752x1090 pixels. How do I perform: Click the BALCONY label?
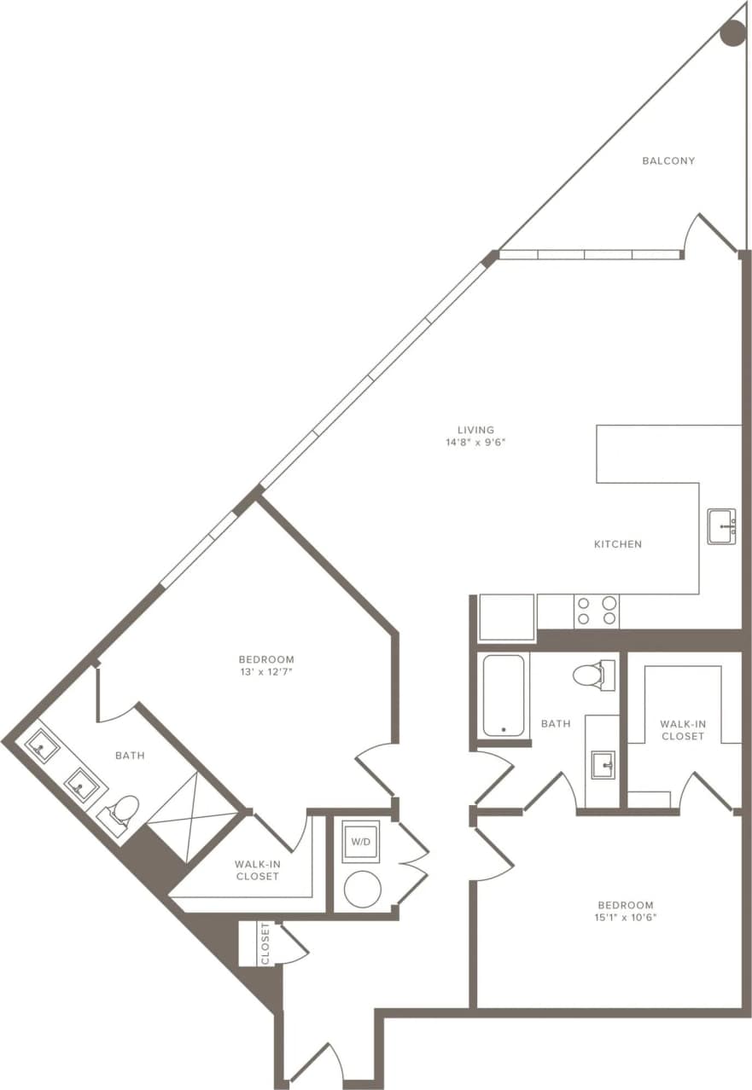pyautogui.click(x=668, y=160)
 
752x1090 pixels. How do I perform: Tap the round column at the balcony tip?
pyautogui.click(x=732, y=33)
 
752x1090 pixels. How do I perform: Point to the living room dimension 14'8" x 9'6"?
pyautogui.click(x=475, y=442)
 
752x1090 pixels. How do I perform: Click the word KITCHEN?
pyautogui.click(x=617, y=544)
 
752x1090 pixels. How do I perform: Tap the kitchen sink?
pyautogui.click(x=721, y=526)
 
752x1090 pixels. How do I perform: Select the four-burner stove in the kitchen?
pyautogui.click(x=596, y=611)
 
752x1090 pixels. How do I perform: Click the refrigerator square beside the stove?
pyautogui.click(x=506, y=617)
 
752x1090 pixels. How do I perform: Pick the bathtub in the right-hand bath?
pyautogui.click(x=503, y=694)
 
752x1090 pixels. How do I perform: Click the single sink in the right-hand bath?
pyautogui.click(x=604, y=765)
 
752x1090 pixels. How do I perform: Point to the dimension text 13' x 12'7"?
pyautogui.click(x=266, y=672)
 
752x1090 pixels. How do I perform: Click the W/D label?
pyautogui.click(x=361, y=843)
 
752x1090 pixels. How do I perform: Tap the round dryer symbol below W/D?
pyautogui.click(x=362, y=890)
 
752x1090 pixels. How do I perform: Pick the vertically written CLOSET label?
pyautogui.click(x=265, y=943)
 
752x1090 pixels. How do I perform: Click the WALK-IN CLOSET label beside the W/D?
pyautogui.click(x=257, y=870)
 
